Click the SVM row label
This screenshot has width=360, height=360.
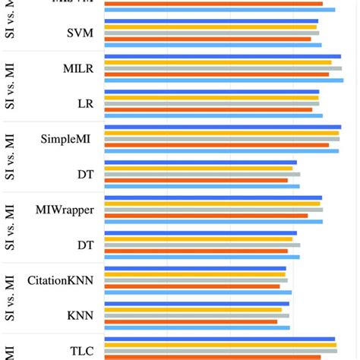(81, 33)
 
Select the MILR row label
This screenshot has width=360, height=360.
(78, 68)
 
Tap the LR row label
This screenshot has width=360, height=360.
(85, 103)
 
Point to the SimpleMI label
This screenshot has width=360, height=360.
(67, 139)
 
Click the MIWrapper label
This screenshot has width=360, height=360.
(65, 210)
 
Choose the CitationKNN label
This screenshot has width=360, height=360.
(61, 280)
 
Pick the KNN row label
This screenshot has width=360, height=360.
(81, 315)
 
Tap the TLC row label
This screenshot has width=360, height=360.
(81, 351)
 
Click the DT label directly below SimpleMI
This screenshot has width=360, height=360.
(85, 174)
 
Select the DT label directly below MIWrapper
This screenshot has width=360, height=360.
(85, 245)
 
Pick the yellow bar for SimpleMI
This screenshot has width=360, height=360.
(221, 133)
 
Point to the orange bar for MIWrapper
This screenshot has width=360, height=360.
(206, 216)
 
